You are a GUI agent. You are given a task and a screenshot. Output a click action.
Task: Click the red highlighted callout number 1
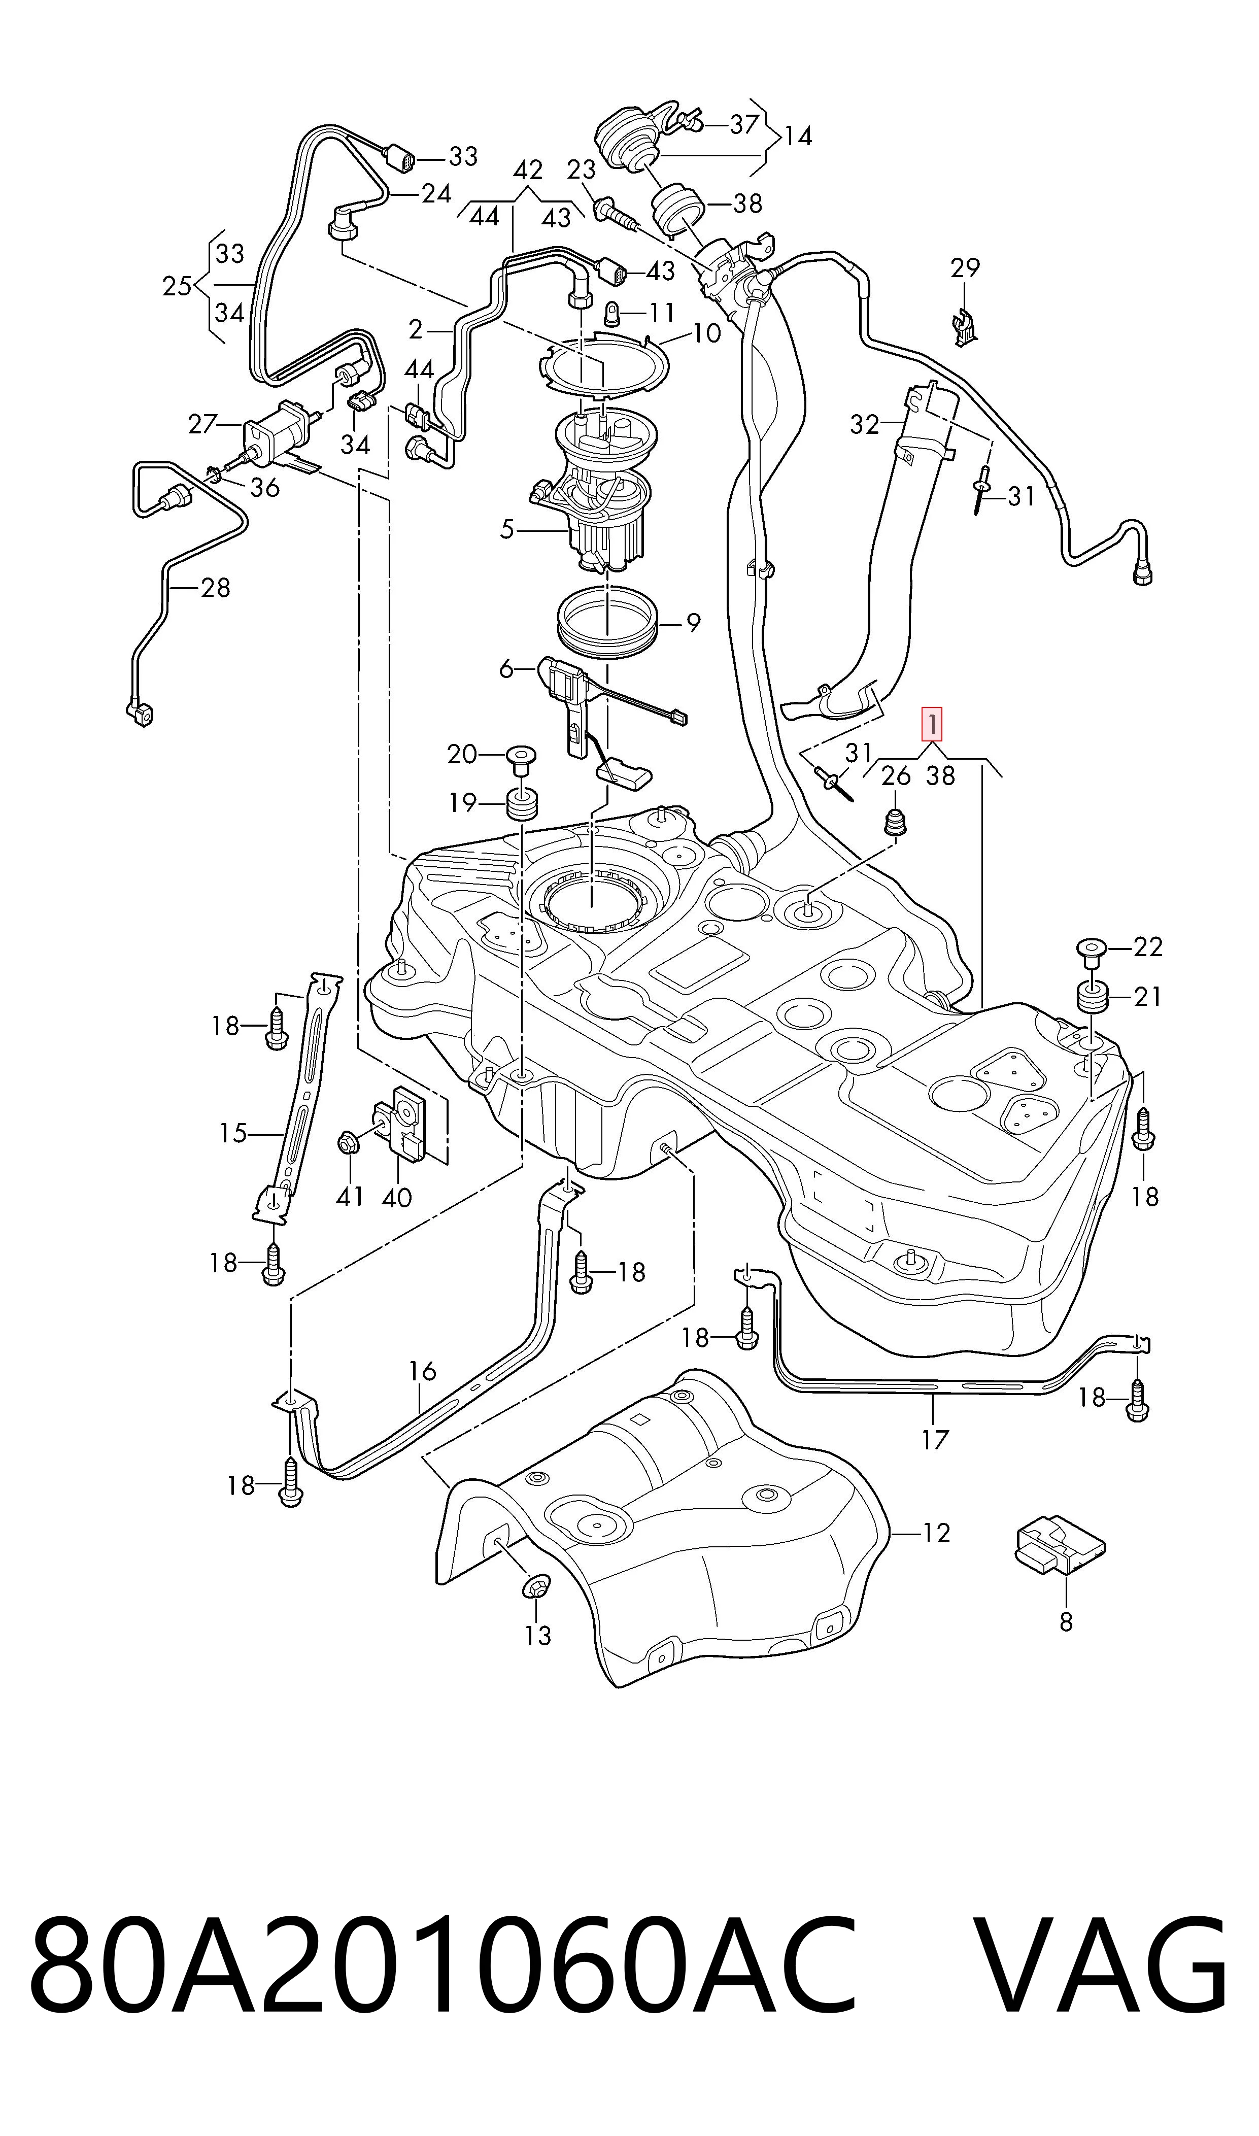(932, 725)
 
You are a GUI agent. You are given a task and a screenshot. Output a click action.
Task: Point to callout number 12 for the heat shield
(936, 1533)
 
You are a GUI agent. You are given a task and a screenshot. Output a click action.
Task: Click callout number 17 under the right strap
(935, 1440)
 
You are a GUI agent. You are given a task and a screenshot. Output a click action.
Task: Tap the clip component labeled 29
(963, 325)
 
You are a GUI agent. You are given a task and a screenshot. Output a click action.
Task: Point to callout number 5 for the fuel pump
(507, 530)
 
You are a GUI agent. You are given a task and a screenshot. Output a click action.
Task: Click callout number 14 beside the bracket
(798, 135)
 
